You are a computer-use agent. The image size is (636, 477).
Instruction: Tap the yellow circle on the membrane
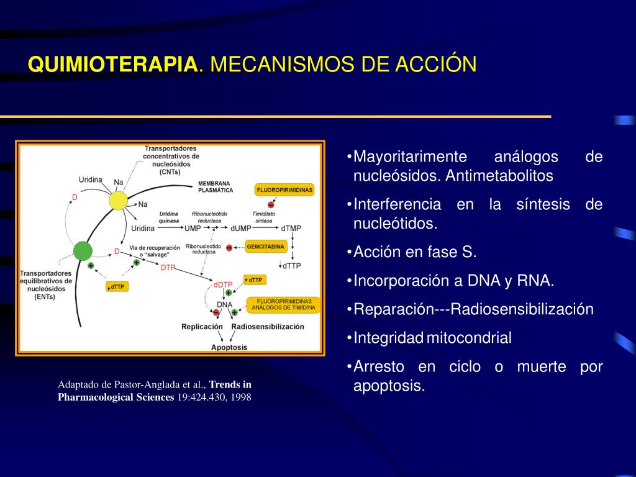[x=118, y=201]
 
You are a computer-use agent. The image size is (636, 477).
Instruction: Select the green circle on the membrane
[x=83, y=251]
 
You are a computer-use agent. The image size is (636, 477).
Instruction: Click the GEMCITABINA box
[x=265, y=247]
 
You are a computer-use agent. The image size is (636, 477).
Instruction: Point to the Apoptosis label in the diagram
[x=229, y=347]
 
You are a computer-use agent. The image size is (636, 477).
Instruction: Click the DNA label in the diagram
[x=224, y=304]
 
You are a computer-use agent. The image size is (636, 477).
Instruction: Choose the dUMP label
[x=241, y=229]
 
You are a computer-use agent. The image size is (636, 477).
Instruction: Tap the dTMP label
[x=291, y=229]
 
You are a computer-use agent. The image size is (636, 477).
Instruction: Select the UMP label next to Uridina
[x=193, y=229]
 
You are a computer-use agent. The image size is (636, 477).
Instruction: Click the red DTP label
[x=168, y=268]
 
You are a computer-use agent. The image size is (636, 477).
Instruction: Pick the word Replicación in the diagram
[x=202, y=326]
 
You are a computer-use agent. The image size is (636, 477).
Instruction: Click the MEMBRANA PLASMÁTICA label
[x=214, y=187]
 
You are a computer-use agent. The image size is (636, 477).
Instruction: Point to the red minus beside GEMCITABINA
[x=230, y=247]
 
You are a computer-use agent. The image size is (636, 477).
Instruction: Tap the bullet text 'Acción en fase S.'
[x=415, y=252]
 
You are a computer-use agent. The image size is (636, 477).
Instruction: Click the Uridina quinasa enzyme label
[x=169, y=217]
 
